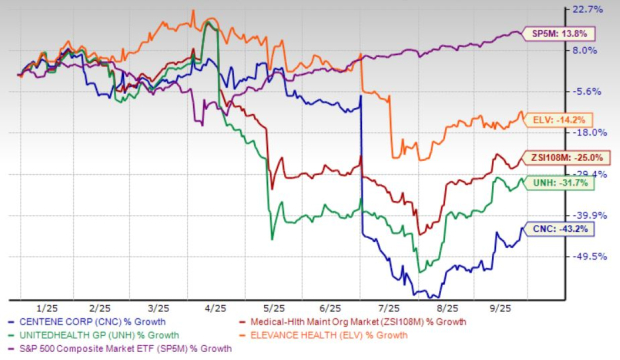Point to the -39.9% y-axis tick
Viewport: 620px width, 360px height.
pos(589,215)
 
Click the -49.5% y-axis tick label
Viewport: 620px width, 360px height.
pos(589,257)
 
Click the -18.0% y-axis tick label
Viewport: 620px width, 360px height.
pos(589,132)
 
